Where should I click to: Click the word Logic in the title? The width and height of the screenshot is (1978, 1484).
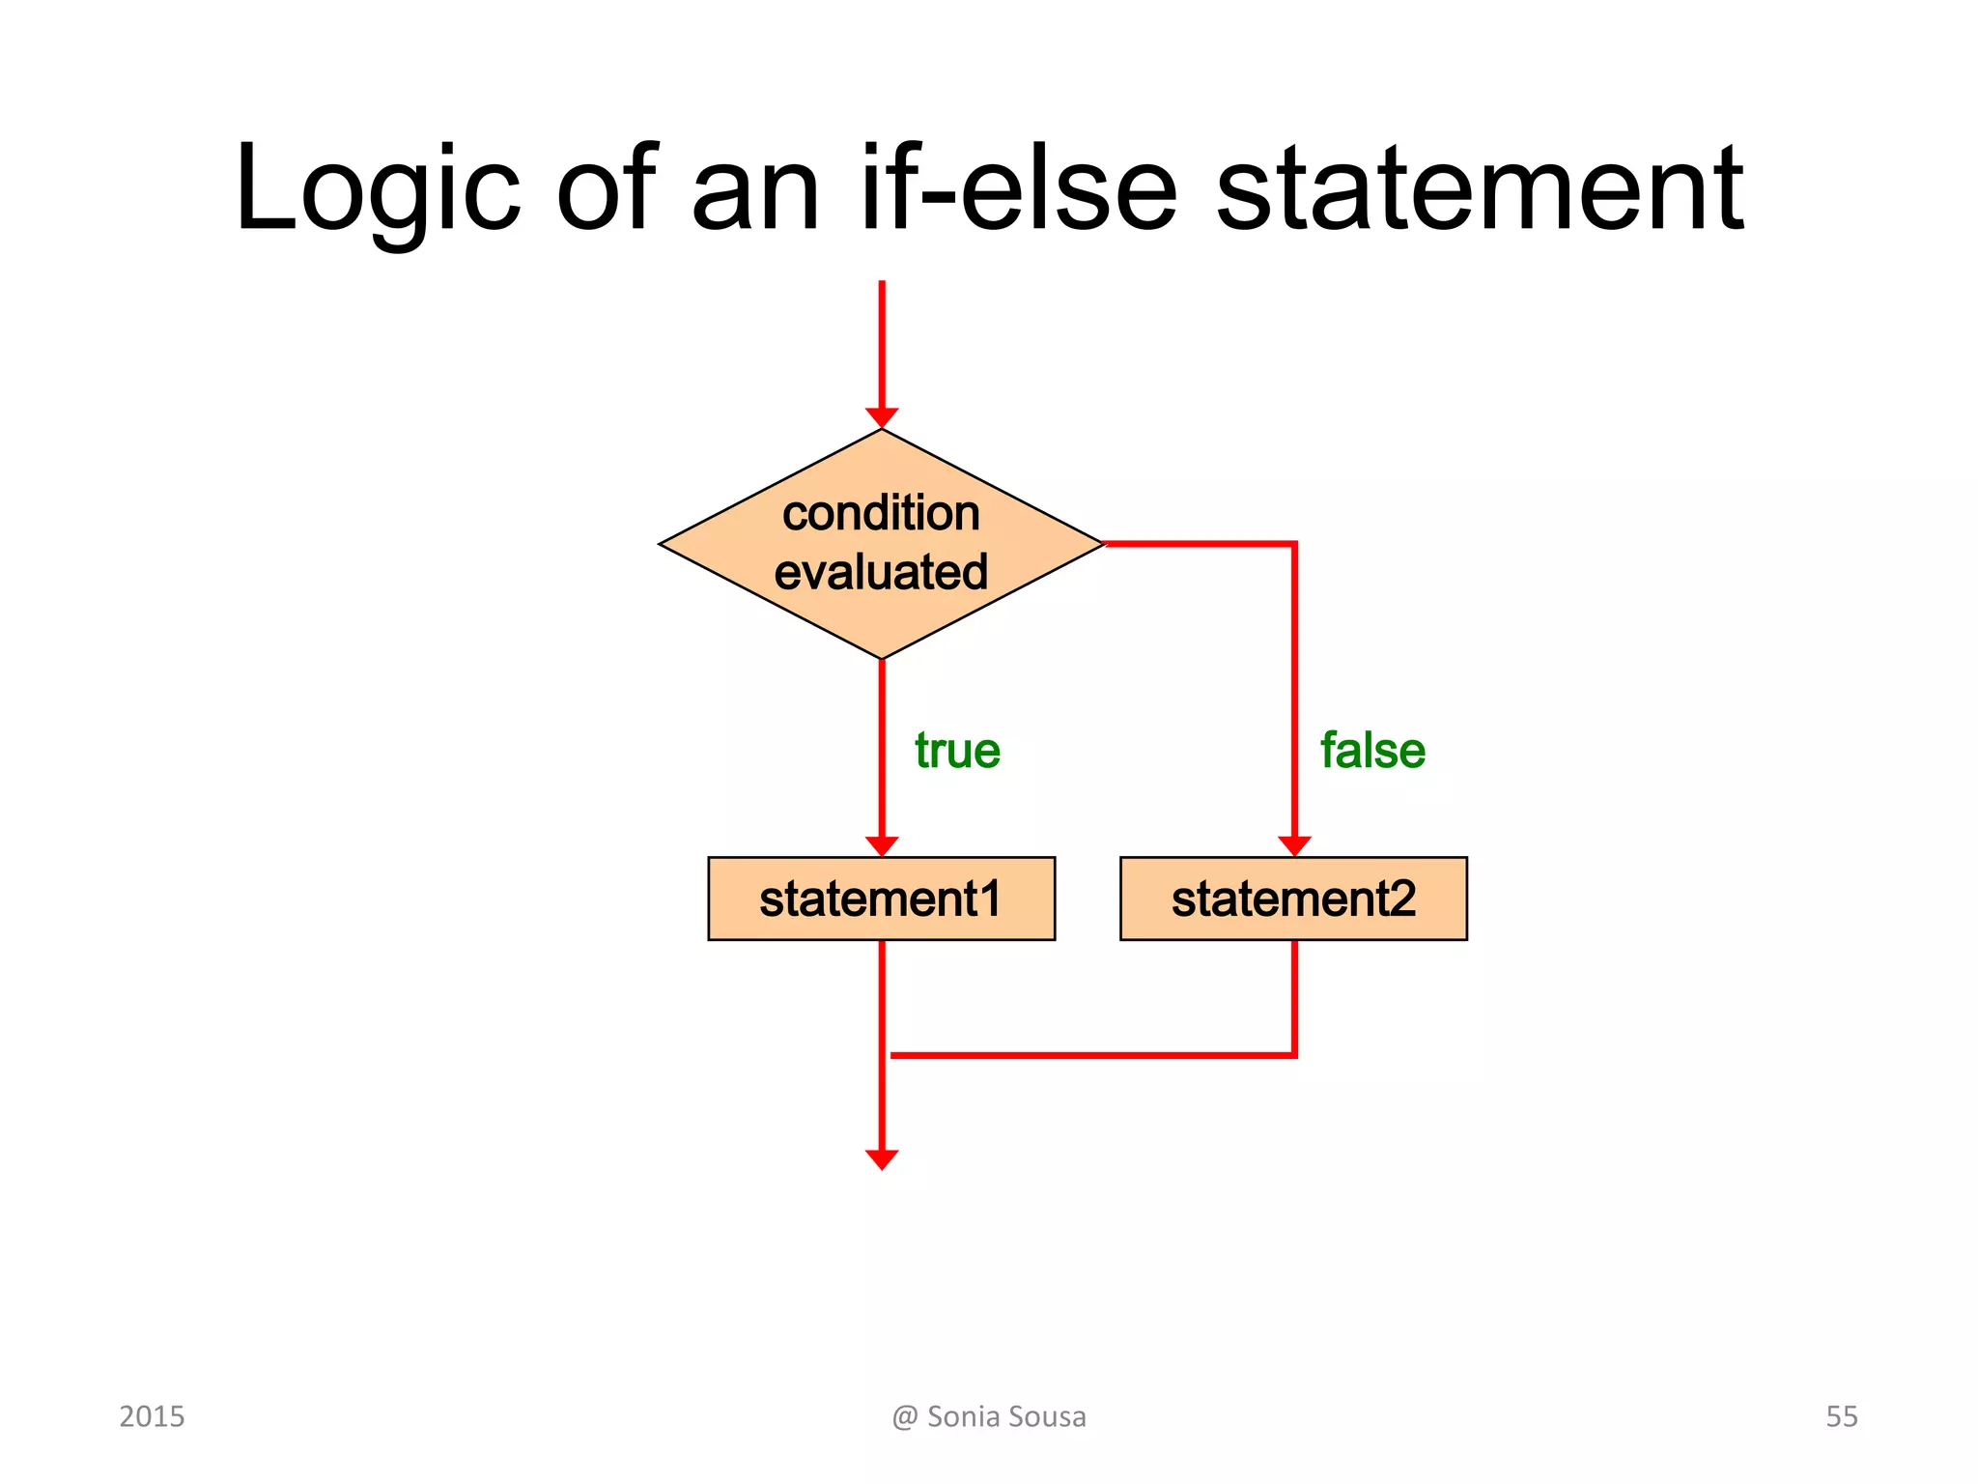[x=378, y=188]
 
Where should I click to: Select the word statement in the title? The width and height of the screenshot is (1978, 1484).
[x=1479, y=188]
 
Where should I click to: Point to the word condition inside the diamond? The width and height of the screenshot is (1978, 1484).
[x=881, y=513]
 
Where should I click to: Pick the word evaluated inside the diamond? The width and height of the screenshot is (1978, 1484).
[x=881, y=572]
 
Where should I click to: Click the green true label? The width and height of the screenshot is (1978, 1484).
[x=957, y=751]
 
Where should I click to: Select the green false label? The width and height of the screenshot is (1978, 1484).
[x=1372, y=751]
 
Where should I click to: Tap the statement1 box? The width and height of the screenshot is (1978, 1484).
[x=881, y=899]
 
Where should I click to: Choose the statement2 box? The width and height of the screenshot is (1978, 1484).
[x=1293, y=899]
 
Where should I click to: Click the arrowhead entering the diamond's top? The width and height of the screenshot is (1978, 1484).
[x=882, y=417]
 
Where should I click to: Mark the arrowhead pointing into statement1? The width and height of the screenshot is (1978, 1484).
[x=882, y=845]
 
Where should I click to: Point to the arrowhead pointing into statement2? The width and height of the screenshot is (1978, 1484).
[x=1294, y=845]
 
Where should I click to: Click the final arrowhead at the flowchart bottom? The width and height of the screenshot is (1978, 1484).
[x=882, y=1158]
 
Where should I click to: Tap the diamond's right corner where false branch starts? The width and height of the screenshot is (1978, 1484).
[x=1102, y=544]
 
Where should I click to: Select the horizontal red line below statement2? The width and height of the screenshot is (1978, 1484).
[x=1091, y=1055]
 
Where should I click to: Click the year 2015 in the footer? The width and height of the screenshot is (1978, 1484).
[x=152, y=1416]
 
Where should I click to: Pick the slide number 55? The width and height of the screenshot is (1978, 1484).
[x=1841, y=1416]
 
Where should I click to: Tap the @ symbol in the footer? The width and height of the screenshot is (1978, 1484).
[x=904, y=1417]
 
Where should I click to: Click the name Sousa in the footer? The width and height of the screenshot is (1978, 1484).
[x=1048, y=1416]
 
